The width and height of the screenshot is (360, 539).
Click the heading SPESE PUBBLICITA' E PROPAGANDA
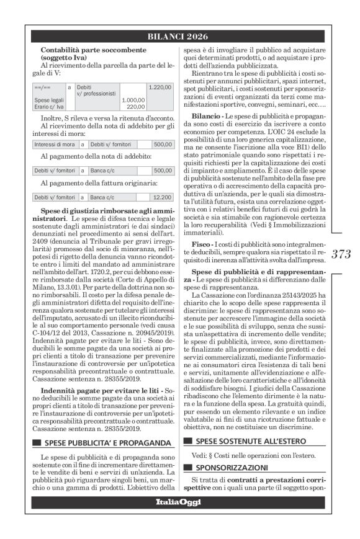tap(107, 443)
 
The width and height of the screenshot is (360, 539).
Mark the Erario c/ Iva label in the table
tap(48, 106)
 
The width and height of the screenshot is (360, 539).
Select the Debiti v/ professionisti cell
tap(96, 91)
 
